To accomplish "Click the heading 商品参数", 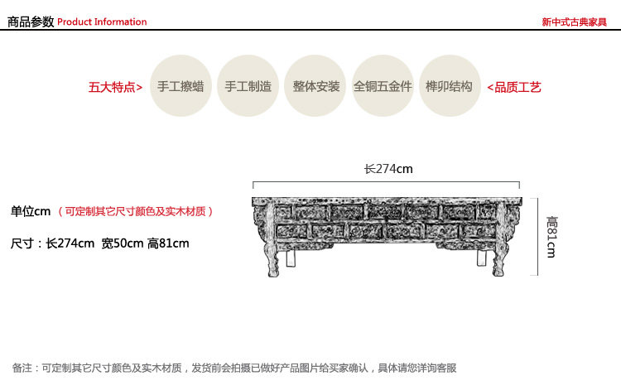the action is coord(31,22).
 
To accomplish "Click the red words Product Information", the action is coord(102,22).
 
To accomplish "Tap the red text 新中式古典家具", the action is coord(575,22).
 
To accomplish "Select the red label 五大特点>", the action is coord(115,87).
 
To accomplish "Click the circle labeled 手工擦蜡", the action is coord(181,86).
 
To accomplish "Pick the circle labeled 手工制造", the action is coord(248,86).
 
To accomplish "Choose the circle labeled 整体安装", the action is coord(316,86).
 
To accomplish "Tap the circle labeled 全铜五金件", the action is coord(383,86).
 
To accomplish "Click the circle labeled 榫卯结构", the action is coord(450,86).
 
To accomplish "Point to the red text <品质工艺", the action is coord(513,87).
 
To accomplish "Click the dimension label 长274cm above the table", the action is coord(388,169).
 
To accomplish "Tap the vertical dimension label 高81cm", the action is coord(551,237).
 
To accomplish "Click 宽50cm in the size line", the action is coord(122,243).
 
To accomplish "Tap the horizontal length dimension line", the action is coord(387,185).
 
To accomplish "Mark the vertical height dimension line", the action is coord(539,237).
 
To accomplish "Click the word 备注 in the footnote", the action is coord(23,368).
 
